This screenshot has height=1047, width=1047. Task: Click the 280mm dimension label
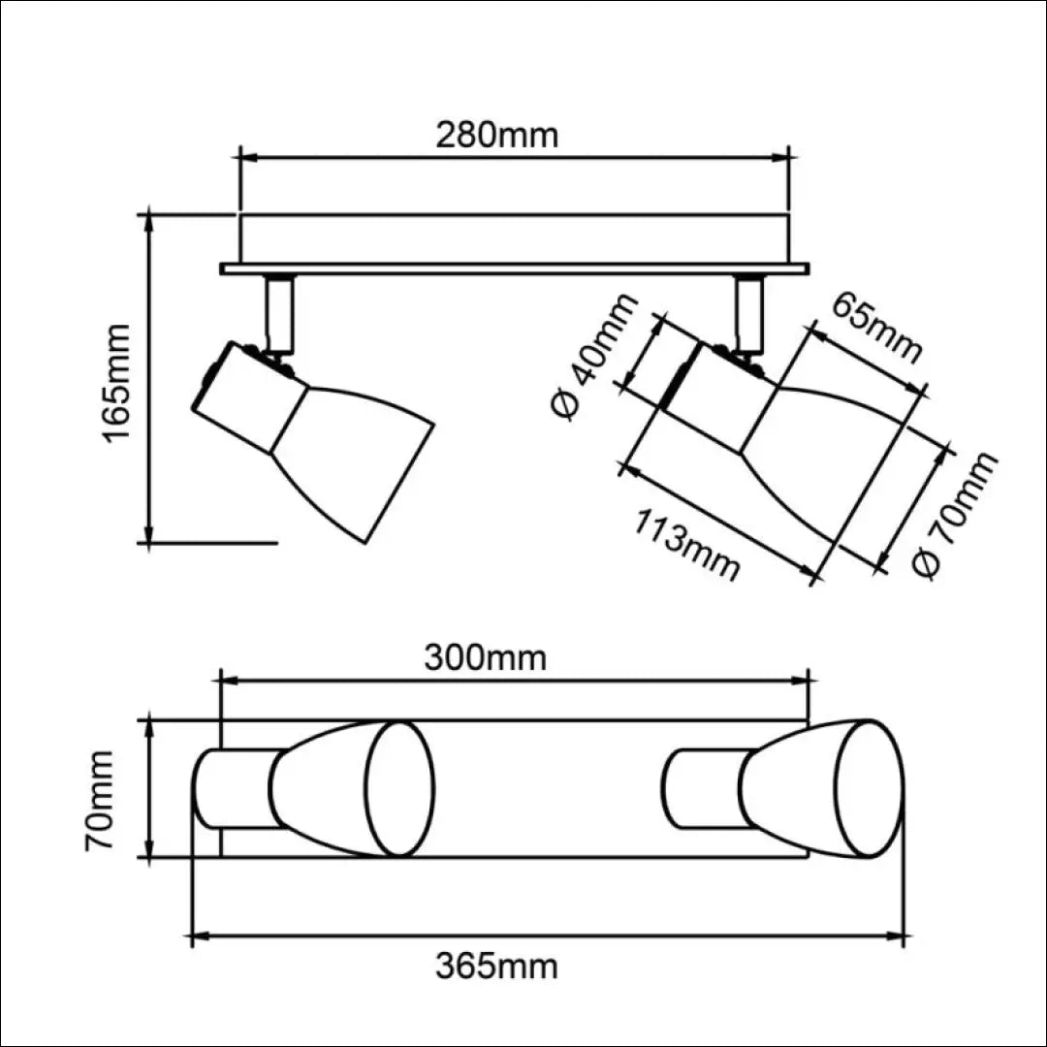pyautogui.click(x=496, y=136)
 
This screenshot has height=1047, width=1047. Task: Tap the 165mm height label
pyautogui.click(x=116, y=383)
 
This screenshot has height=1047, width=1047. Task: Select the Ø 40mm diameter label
pyautogui.click(x=593, y=356)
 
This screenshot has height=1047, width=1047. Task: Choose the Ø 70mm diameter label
pyautogui.click(x=955, y=514)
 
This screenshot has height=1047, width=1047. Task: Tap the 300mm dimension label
pyautogui.click(x=486, y=658)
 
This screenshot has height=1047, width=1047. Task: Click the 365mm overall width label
pyautogui.click(x=496, y=967)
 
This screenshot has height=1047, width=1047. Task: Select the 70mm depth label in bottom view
pyautogui.click(x=100, y=801)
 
